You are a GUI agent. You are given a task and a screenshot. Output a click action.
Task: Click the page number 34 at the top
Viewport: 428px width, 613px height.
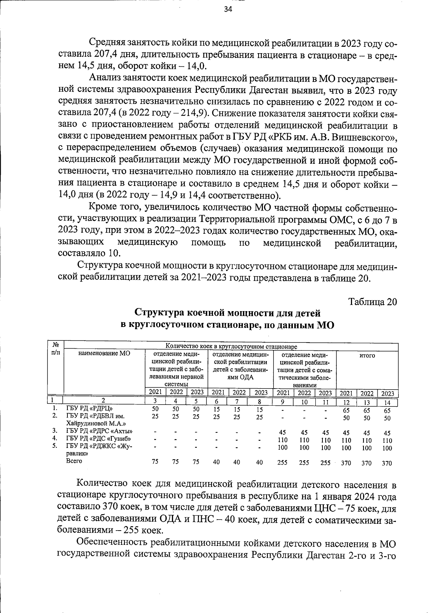coord(228,10)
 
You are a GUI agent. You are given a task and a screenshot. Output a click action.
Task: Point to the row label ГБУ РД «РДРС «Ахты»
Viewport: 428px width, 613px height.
coord(97,431)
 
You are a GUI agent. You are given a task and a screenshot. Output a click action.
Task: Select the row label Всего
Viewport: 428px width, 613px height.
coord(74,461)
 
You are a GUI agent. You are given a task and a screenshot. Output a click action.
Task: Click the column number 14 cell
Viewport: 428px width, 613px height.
coord(388,402)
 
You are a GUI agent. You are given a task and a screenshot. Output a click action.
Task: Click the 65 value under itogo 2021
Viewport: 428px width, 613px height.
coord(346,410)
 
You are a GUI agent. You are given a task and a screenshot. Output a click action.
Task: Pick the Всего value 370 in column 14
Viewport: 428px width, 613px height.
coord(387,463)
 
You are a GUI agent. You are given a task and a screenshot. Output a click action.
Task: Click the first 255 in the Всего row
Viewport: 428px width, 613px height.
coord(283,463)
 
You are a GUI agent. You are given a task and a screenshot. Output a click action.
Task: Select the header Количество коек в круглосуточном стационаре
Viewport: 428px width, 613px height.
coord(231,346)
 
